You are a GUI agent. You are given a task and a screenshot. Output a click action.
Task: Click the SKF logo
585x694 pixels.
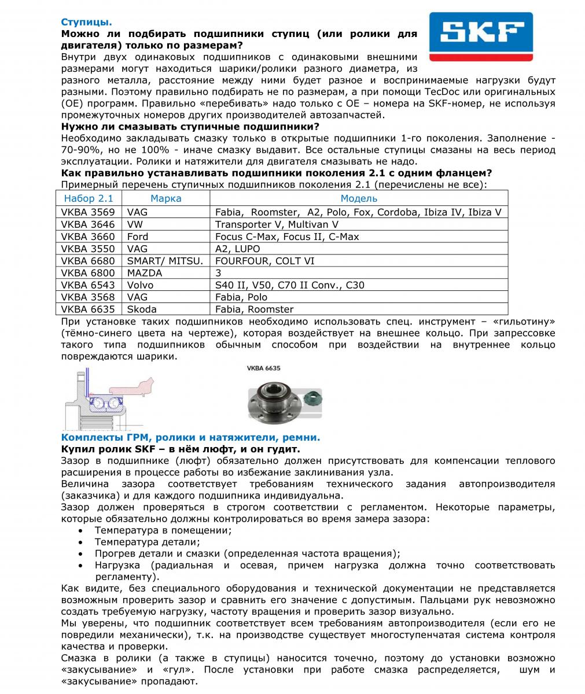point(481,36)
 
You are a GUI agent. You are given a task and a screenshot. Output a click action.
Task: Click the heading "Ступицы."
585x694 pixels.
point(87,23)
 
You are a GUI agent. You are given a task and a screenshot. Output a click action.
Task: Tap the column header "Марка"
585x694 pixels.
point(165,198)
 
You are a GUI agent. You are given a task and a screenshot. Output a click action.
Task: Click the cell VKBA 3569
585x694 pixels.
point(88,212)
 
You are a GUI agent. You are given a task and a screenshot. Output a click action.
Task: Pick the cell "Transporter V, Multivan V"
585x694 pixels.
point(277,224)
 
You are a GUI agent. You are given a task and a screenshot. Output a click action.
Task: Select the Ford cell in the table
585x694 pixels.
point(138,237)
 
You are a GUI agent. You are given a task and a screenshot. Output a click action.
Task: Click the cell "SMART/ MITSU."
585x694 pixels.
point(165,261)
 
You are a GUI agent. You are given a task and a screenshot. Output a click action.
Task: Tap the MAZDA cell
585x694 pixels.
point(145,273)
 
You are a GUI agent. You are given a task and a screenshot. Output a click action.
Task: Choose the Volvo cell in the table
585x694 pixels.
point(140,285)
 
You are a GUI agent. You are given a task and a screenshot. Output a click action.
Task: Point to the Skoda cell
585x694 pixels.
point(142,309)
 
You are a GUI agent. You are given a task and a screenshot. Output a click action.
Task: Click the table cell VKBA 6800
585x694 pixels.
point(88,273)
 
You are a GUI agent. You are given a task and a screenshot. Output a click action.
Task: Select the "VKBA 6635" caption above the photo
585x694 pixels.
point(263,368)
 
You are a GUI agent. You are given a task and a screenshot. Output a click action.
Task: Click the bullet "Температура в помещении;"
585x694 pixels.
point(163,530)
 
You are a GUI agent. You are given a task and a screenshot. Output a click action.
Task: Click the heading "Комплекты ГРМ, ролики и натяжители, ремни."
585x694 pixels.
point(190,437)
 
